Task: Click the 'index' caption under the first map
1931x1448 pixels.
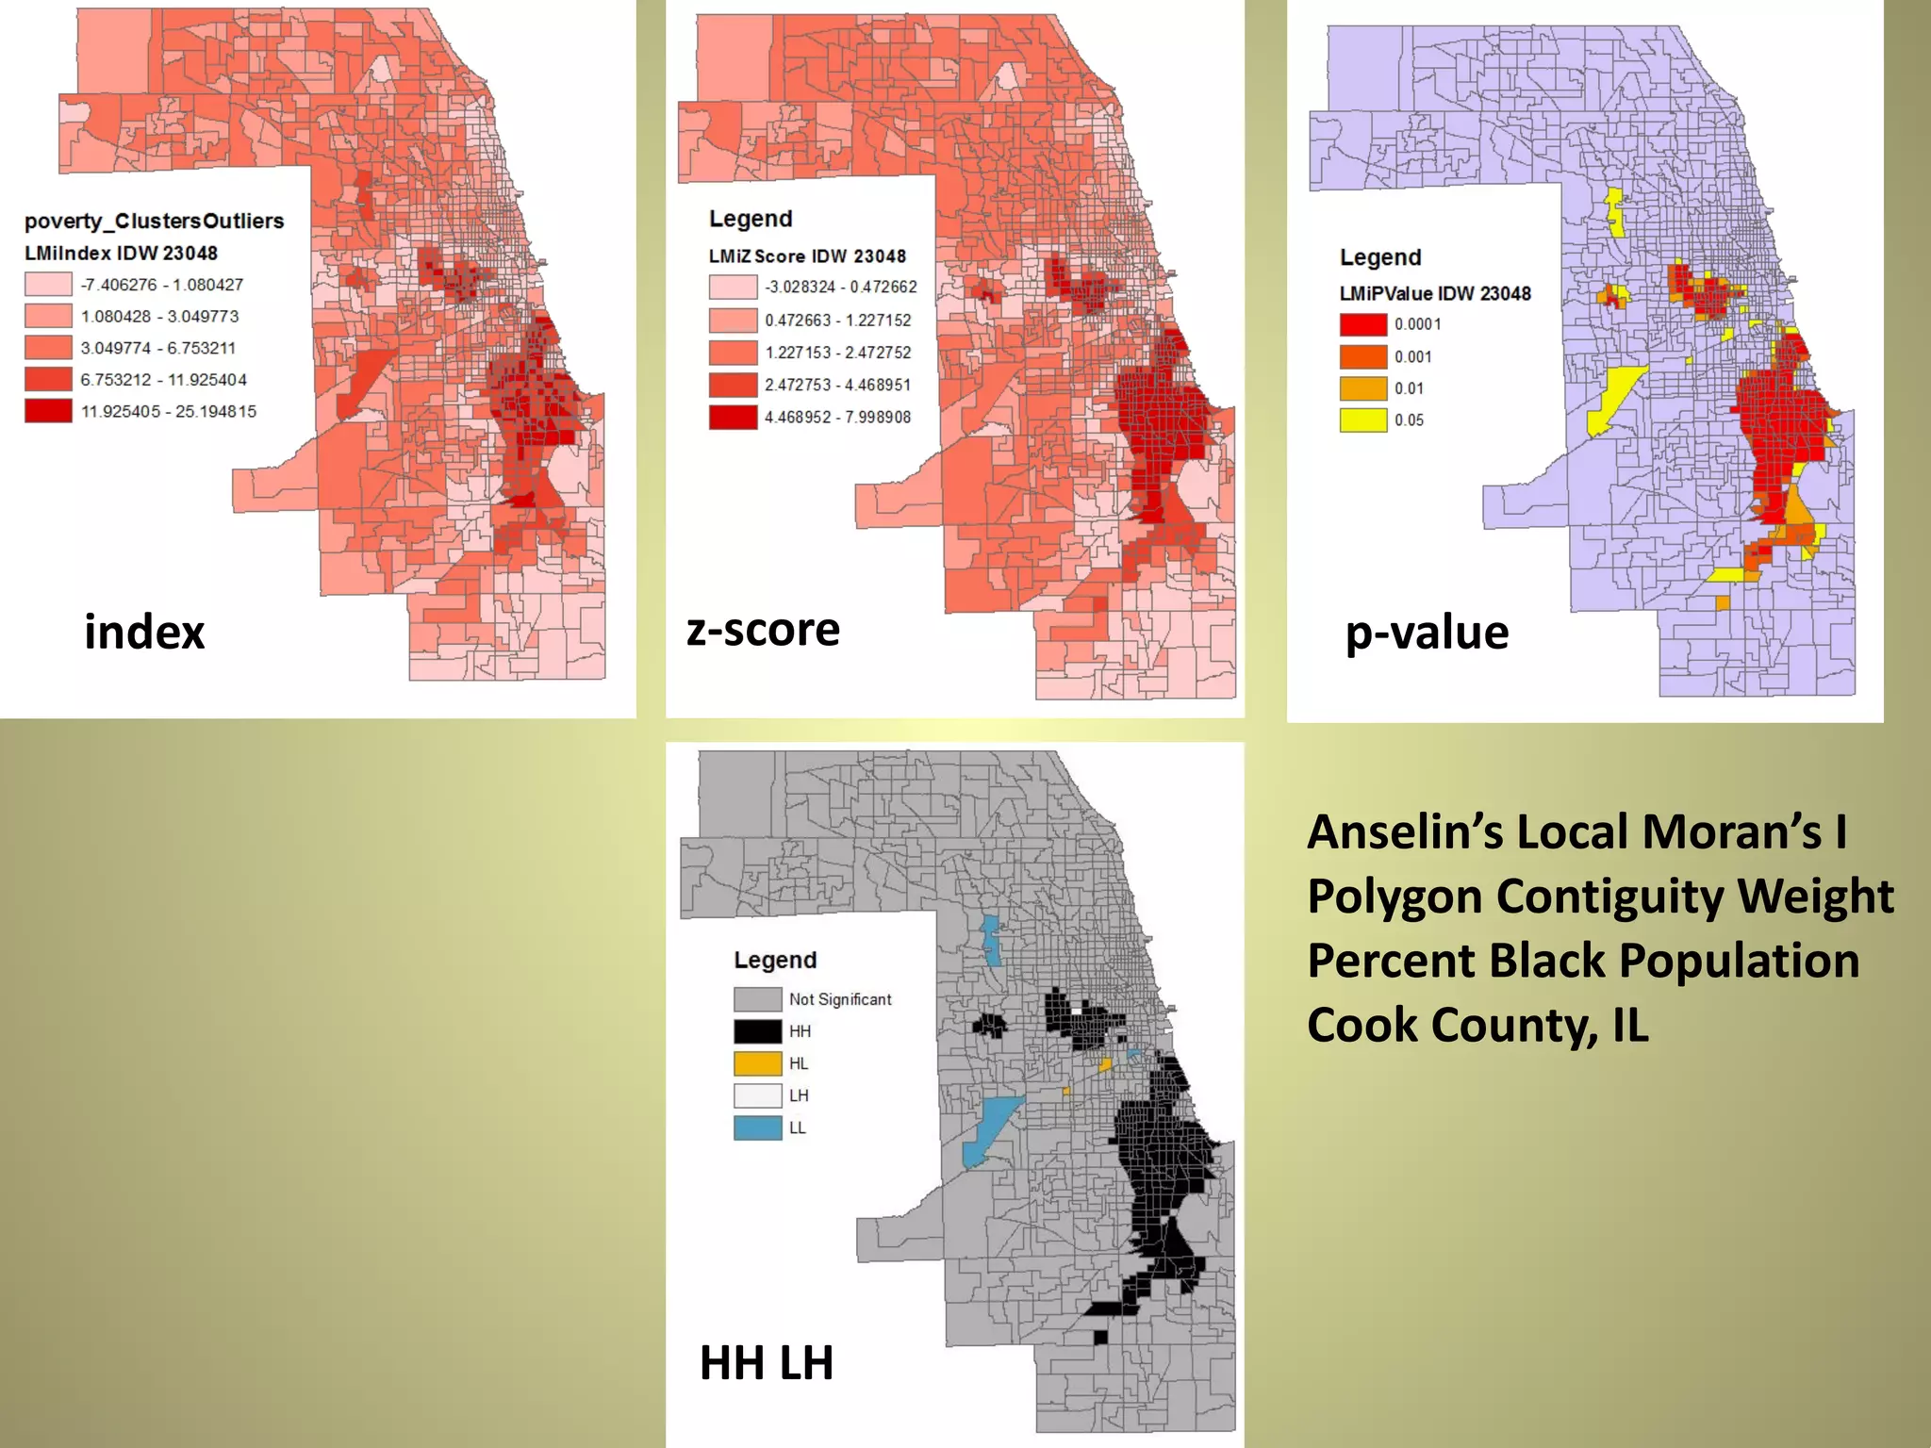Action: pyautogui.click(x=144, y=633)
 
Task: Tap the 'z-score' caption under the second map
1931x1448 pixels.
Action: pyautogui.click(x=763, y=630)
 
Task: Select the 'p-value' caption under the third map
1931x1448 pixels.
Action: pyautogui.click(x=1427, y=633)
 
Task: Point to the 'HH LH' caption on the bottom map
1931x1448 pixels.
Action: pyautogui.click(x=767, y=1363)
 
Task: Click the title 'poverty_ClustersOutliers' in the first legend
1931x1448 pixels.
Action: pyautogui.click(x=154, y=221)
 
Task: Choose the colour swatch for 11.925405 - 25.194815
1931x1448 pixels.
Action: pyautogui.click(x=48, y=411)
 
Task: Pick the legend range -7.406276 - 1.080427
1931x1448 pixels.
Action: pyautogui.click(x=162, y=285)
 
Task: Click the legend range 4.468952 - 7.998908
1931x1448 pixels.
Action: pyautogui.click(x=837, y=417)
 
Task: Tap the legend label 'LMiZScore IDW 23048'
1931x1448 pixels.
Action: pyautogui.click(x=807, y=256)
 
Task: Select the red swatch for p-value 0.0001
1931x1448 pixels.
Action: pyautogui.click(x=1363, y=324)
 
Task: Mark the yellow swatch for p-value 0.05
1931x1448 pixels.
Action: pyautogui.click(x=1363, y=420)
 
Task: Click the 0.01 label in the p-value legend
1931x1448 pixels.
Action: pyautogui.click(x=1409, y=388)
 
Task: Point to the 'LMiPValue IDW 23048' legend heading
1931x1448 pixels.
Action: pyautogui.click(x=1435, y=293)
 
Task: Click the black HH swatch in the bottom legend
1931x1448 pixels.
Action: pyautogui.click(x=757, y=1031)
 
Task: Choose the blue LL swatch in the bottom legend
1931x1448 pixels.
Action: pyautogui.click(x=757, y=1127)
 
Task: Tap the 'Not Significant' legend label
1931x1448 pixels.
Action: pyautogui.click(x=840, y=999)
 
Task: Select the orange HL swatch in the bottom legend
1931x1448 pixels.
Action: pyautogui.click(x=757, y=1063)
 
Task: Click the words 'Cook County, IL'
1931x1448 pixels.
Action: pyautogui.click(x=1477, y=1025)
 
